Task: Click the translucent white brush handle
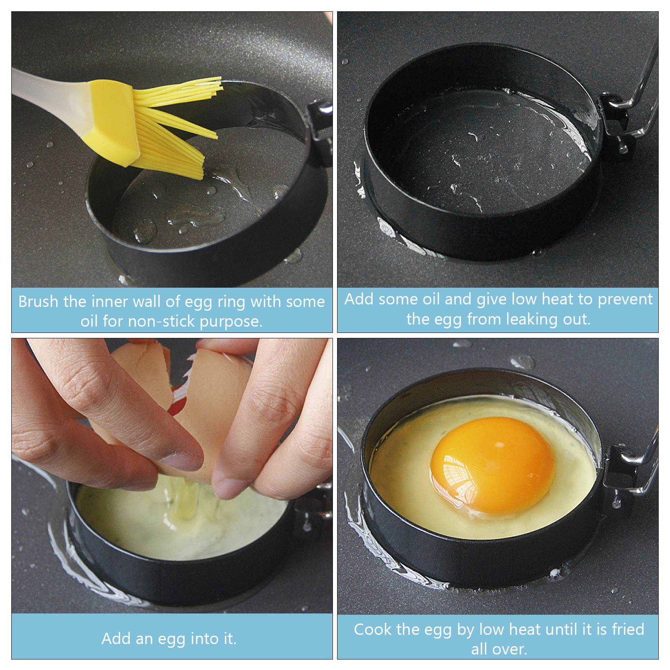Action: click(50, 95)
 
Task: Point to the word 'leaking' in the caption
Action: click(527, 319)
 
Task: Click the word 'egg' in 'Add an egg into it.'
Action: click(172, 639)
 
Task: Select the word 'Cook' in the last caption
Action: click(370, 629)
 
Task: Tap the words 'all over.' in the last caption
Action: click(499, 649)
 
